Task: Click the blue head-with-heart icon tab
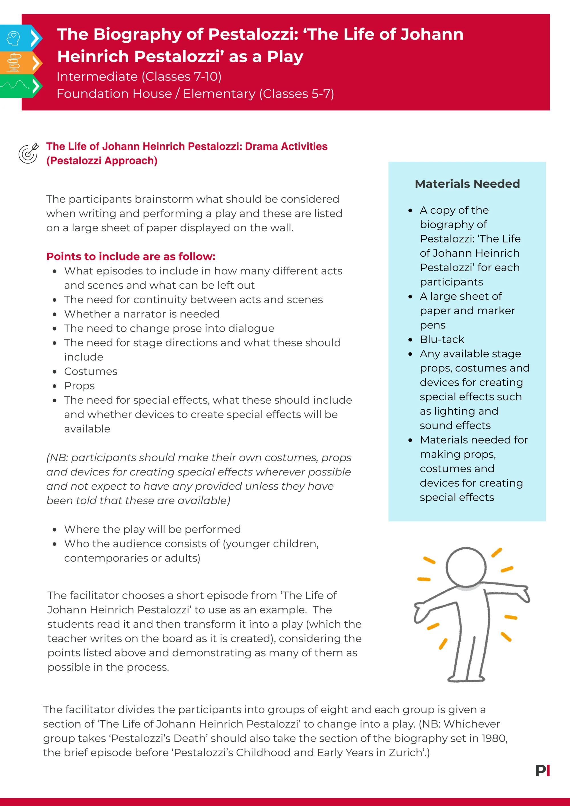tap(14, 38)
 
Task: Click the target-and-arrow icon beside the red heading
tap(28, 153)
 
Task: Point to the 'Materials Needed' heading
tap(467, 183)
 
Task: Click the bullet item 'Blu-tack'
tap(442, 339)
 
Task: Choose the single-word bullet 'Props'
tap(79, 386)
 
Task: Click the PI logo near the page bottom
tap(542, 771)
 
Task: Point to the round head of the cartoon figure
tap(466, 567)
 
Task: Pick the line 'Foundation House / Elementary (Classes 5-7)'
tap(195, 94)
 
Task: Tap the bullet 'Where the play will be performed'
tap(152, 529)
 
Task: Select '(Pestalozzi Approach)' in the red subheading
tap(102, 161)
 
